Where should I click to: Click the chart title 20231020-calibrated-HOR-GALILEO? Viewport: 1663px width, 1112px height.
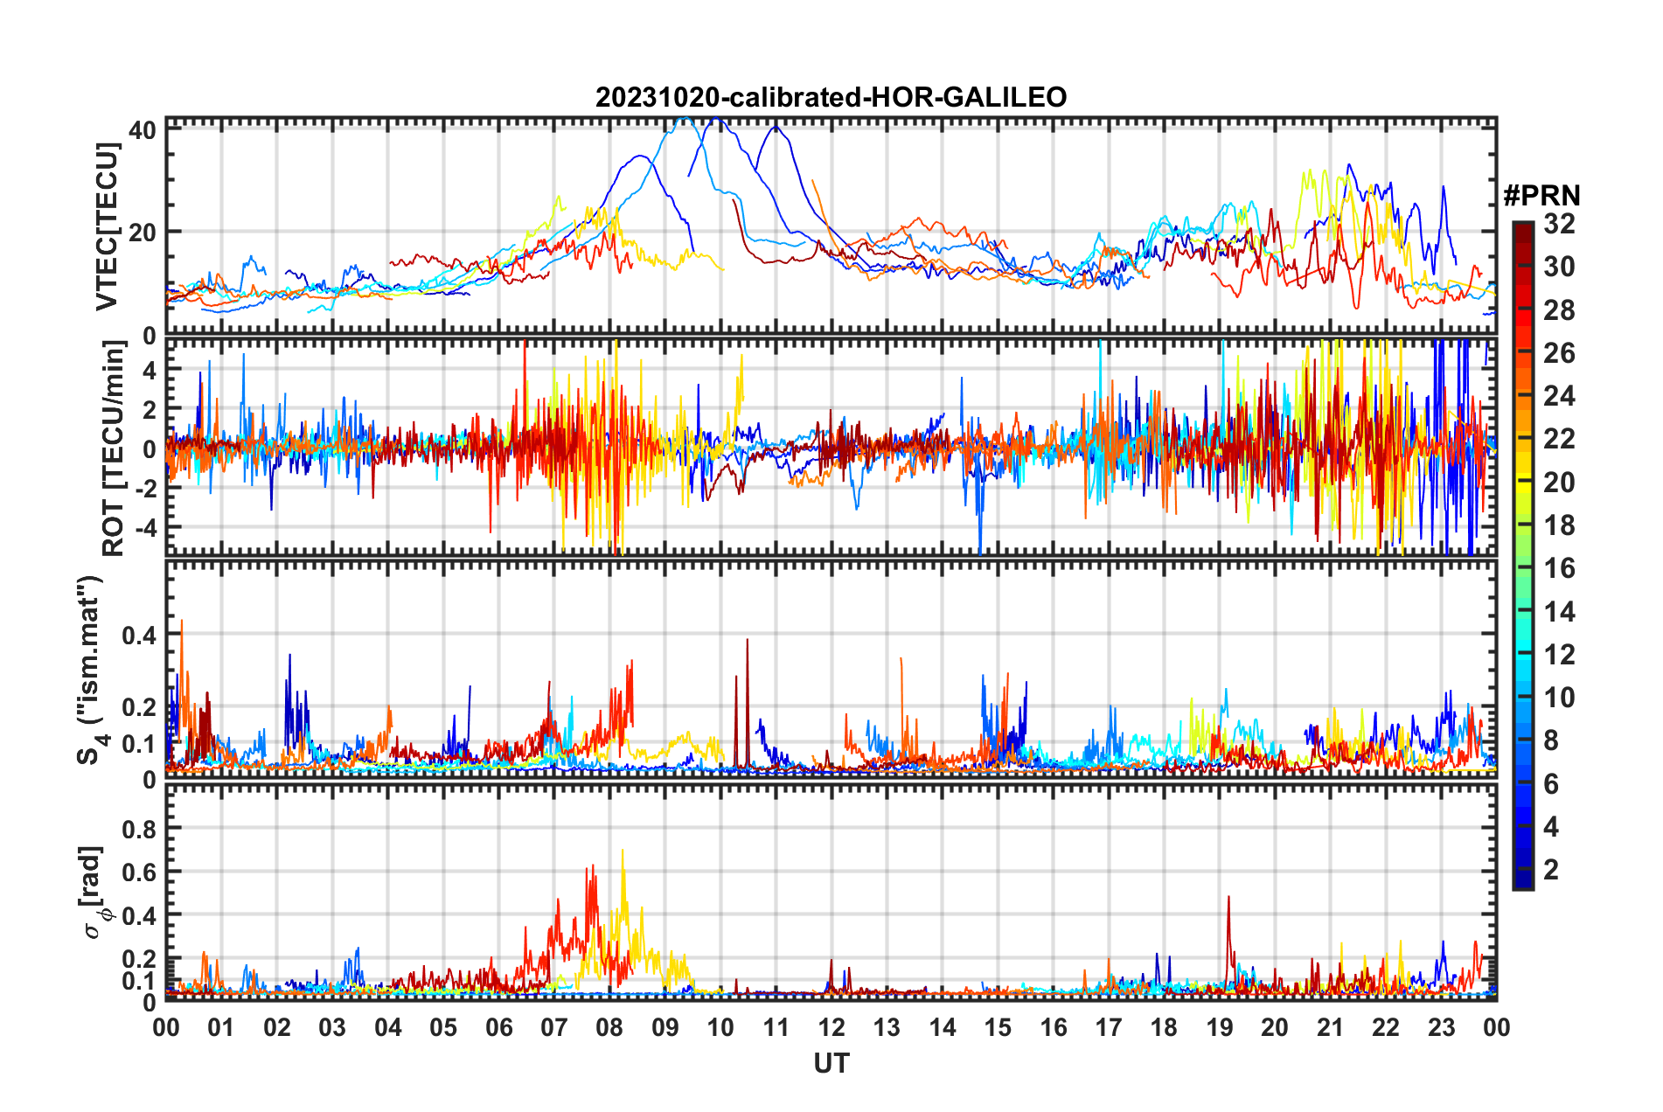(831, 97)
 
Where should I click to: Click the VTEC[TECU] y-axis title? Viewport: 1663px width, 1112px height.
(107, 227)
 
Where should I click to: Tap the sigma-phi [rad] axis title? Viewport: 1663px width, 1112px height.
(94, 892)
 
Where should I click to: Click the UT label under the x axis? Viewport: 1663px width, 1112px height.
(831, 1063)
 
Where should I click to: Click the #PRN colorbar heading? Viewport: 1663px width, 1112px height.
(1541, 195)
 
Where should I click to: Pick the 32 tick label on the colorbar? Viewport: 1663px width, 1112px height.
(1559, 224)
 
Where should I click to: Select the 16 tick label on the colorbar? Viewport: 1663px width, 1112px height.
(1559, 568)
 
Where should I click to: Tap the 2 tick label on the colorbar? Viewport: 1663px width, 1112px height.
(1552, 870)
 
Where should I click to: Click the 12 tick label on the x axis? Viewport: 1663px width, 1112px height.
(831, 1027)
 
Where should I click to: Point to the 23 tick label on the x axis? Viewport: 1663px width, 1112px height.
(1441, 1027)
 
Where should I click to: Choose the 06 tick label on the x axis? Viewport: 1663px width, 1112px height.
(498, 1027)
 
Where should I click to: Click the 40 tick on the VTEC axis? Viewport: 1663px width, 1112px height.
(143, 130)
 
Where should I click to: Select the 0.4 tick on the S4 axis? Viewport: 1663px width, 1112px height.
(139, 636)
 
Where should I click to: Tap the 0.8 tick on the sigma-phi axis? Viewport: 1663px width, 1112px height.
(139, 829)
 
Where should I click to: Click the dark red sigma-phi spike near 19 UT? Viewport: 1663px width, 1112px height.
(1228, 899)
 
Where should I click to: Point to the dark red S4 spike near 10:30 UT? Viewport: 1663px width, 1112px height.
(748, 642)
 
